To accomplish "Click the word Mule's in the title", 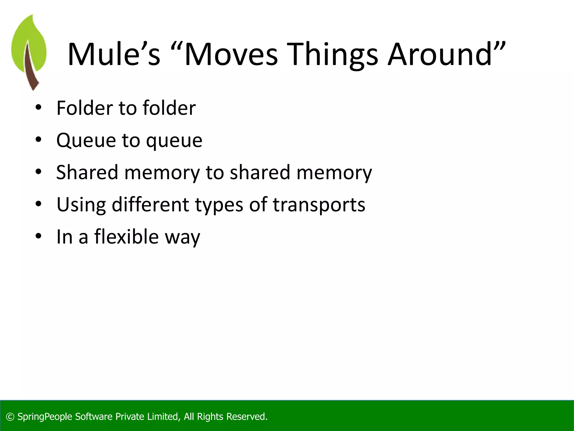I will [x=114, y=54].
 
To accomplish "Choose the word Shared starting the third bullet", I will [x=87, y=172].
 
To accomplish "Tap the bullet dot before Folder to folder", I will [x=38, y=107].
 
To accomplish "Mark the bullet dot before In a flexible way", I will [x=38, y=236].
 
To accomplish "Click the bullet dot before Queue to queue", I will [x=38, y=139].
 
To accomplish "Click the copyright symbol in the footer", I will [x=10, y=417].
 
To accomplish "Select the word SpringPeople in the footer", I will [x=45, y=417].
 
